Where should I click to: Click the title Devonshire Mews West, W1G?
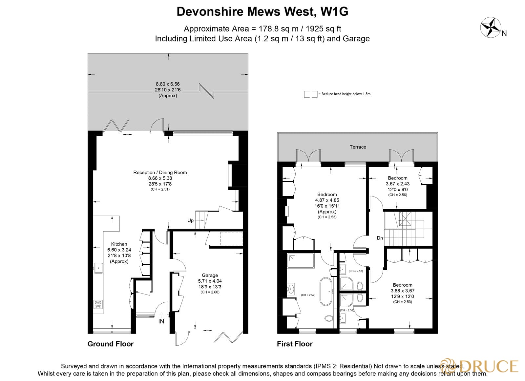click(x=262, y=11)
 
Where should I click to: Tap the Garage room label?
click(x=210, y=275)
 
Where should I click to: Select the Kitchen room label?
click(x=119, y=244)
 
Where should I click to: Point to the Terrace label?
click(x=358, y=147)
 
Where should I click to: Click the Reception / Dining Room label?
click(x=160, y=172)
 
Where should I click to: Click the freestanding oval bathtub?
click(x=325, y=291)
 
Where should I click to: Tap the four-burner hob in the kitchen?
click(x=98, y=304)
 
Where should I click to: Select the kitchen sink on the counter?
click(x=98, y=268)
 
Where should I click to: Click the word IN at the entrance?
click(x=161, y=321)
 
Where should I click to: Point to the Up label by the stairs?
click(x=190, y=220)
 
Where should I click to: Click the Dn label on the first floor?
click(x=380, y=238)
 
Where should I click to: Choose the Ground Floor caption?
click(x=110, y=344)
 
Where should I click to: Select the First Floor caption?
click(x=294, y=344)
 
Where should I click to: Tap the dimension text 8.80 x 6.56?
click(x=168, y=84)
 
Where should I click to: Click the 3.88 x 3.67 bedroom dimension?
click(x=402, y=291)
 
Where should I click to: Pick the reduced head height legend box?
click(x=310, y=94)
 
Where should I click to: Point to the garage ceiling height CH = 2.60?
click(x=210, y=292)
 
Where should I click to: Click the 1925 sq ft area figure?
click(x=323, y=29)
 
